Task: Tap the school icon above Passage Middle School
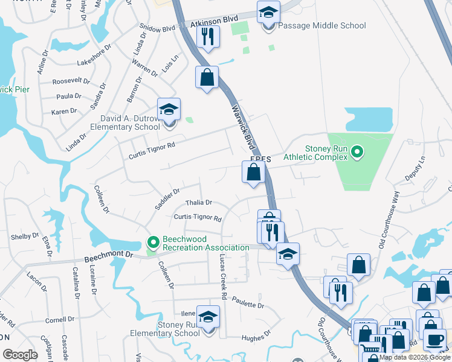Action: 268,12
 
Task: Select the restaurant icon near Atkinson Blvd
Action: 207,37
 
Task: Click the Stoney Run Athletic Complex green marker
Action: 357,151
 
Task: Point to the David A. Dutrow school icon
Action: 169,110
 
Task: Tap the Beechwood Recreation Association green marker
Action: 153,243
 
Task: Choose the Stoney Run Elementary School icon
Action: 208,319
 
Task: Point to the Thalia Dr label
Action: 199,203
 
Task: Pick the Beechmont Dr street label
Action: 108,256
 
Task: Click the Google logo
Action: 21,355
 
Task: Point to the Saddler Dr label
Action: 167,198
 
